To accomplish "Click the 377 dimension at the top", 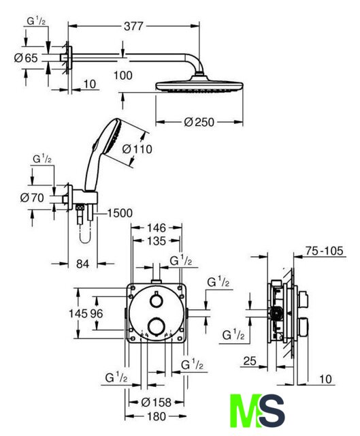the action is (x=133, y=26).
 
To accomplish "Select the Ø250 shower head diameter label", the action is (x=199, y=122).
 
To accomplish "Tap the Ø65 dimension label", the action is (x=26, y=58).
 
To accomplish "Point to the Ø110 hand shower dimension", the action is (x=137, y=149).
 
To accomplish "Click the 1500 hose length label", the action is (x=120, y=213).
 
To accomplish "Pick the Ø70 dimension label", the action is (x=32, y=198).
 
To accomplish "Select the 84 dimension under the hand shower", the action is (x=83, y=264).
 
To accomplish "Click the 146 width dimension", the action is (x=157, y=228).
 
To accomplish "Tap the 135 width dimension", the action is (x=157, y=240).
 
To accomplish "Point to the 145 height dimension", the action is (x=78, y=313).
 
